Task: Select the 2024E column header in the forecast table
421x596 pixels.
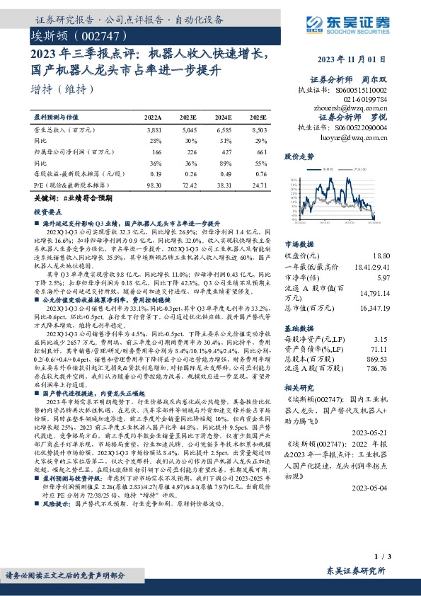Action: (223, 116)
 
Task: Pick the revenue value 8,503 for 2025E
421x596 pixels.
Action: (258, 131)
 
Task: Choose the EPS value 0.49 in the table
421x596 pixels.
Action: (225, 173)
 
